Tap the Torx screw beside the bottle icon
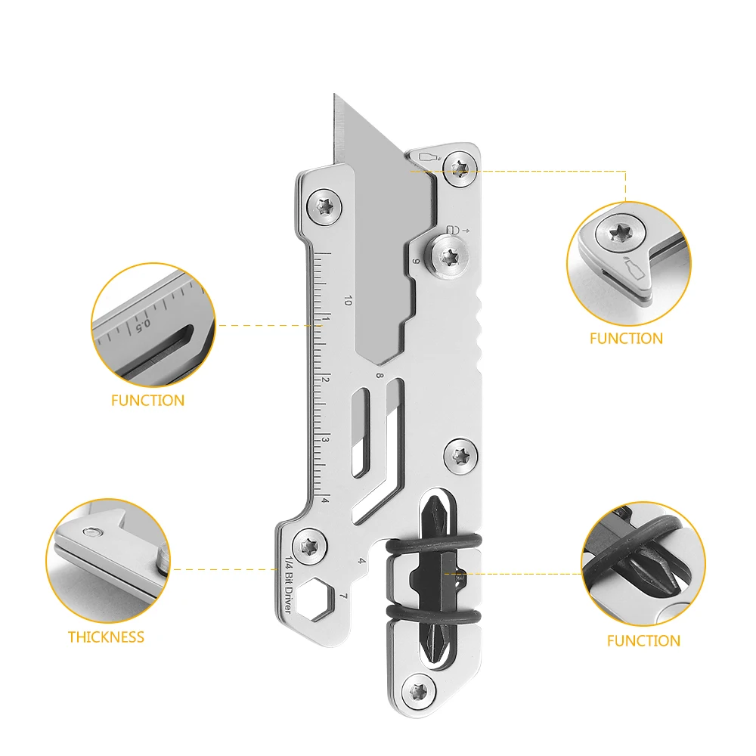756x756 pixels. click(x=460, y=166)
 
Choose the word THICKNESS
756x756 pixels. click(x=106, y=637)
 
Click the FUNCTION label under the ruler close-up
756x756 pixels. click(x=147, y=401)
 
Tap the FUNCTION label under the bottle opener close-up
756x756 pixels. click(x=626, y=339)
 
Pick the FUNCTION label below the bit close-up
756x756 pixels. click(x=643, y=641)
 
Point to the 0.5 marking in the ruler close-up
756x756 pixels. click(x=142, y=326)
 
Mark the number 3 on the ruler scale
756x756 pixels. click(x=326, y=440)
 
